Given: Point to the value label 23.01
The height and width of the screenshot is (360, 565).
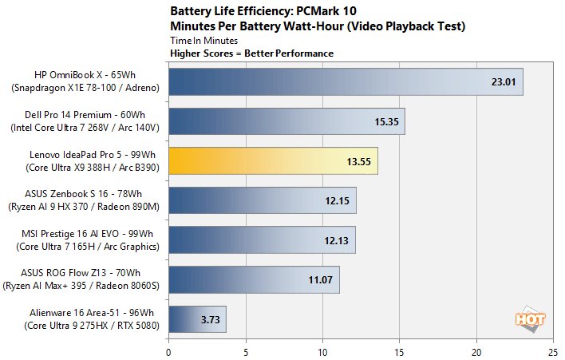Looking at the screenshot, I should click(x=503, y=81).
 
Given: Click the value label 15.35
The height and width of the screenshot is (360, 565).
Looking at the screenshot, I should click(x=385, y=121).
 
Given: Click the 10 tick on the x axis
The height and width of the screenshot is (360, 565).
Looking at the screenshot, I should click(x=322, y=350).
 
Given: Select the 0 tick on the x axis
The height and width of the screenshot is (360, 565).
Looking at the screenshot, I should click(x=168, y=350).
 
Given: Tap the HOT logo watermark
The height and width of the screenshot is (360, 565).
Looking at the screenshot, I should click(x=531, y=318).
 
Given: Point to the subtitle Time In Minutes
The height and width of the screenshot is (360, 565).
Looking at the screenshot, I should click(x=204, y=39).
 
